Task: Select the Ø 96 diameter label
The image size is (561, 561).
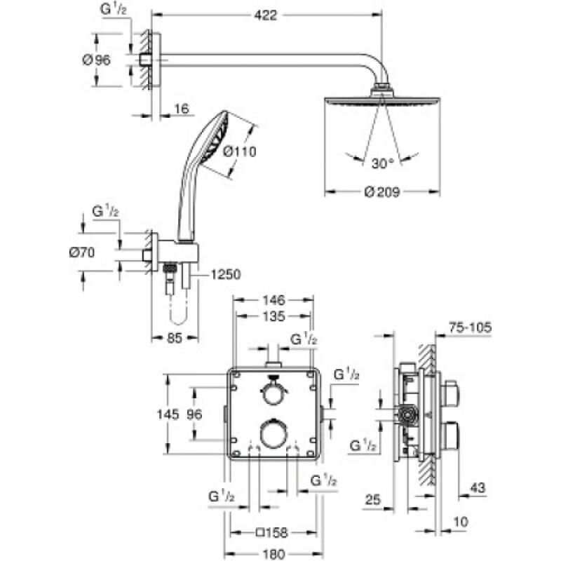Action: tap(97, 60)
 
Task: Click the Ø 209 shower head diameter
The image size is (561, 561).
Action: tap(381, 193)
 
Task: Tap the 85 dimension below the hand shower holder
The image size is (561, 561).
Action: tap(175, 338)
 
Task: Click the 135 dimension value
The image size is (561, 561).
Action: tap(273, 317)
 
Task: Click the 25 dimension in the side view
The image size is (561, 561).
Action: tap(372, 499)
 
